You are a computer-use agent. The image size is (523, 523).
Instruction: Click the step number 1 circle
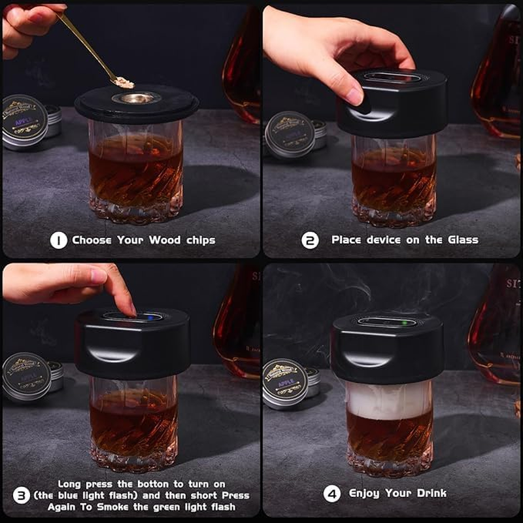point(58,241)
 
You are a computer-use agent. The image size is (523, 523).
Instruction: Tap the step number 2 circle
point(310,241)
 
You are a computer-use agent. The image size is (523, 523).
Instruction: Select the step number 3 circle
point(22,495)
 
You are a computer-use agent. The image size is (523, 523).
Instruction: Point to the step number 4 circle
point(332,494)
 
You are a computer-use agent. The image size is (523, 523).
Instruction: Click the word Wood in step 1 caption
point(165,240)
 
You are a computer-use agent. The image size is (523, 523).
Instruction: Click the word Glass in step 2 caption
point(462,240)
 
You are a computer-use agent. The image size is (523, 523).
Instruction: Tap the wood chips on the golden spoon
point(124,83)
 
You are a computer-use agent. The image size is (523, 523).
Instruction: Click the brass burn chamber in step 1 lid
point(136,98)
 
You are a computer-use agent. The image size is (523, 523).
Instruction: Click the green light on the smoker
point(405,322)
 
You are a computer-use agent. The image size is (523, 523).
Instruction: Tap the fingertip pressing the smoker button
point(128,308)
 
